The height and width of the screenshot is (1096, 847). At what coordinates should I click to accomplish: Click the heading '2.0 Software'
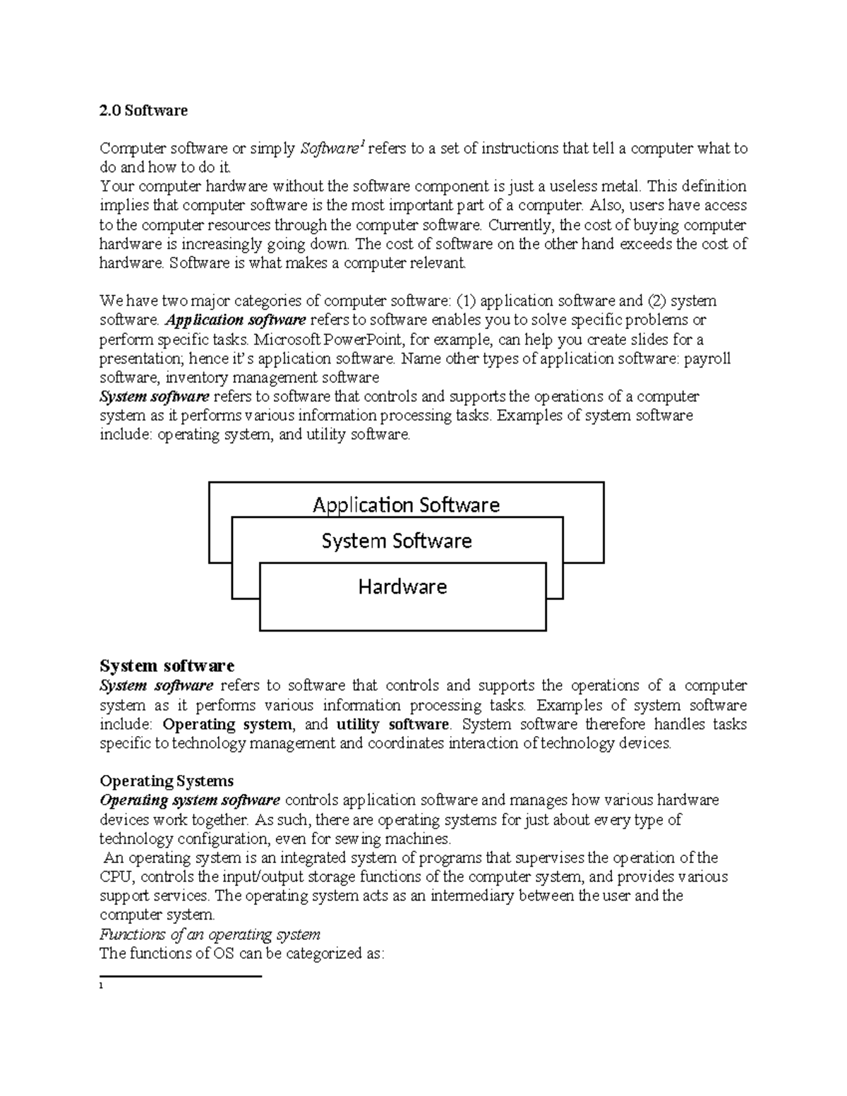(143, 110)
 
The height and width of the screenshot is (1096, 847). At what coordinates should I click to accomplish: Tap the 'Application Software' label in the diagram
(406, 505)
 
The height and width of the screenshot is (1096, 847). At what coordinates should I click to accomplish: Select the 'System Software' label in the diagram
(397, 541)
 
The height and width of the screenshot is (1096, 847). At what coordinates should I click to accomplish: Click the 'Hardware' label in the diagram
(402, 586)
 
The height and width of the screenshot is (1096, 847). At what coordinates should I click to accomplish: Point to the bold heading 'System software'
(167, 666)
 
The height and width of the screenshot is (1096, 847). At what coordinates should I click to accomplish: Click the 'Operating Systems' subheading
(167, 781)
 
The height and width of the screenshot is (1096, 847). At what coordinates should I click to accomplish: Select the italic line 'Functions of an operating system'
(210, 934)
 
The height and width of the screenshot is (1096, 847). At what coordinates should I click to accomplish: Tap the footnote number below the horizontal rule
(102, 986)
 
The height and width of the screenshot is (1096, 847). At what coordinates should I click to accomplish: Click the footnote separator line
(181, 976)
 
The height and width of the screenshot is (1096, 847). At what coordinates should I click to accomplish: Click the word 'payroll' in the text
(707, 359)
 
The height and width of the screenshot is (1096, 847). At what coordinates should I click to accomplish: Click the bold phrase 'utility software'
(392, 724)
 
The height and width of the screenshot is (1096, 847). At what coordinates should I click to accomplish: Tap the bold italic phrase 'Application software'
(231, 320)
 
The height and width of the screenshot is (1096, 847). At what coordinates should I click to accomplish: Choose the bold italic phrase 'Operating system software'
(190, 800)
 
